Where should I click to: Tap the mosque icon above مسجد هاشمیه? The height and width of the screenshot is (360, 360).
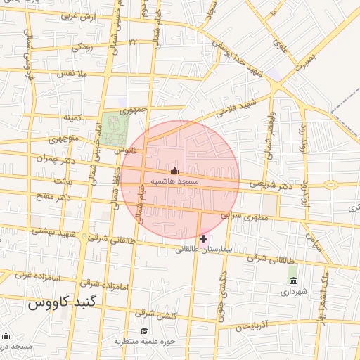175,171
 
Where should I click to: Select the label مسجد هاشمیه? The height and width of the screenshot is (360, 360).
175,181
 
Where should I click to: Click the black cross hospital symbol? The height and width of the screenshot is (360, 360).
203,239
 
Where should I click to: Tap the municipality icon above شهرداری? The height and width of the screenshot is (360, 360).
292,281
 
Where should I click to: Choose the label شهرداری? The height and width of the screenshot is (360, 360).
294,291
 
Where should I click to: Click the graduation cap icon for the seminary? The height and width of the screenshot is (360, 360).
144,331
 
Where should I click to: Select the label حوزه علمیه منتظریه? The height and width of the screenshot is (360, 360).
144,341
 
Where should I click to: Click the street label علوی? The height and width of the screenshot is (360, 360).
282,47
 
